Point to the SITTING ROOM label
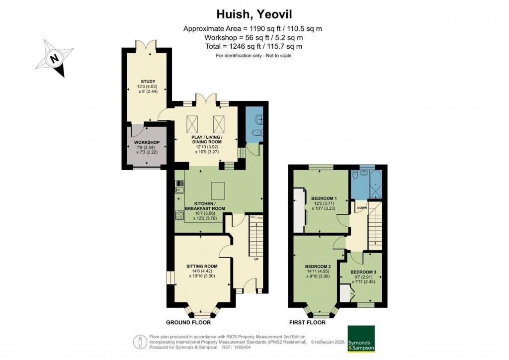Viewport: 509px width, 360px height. coord(202,266)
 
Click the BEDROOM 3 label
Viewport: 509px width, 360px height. coord(363,271)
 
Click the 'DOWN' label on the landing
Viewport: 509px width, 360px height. coord(361,207)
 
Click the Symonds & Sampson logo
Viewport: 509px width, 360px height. coord(361,339)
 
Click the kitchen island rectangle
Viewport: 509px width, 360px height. coord(218,190)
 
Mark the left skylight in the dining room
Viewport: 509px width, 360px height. coord(192,122)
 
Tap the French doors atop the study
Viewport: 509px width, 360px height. coord(148,46)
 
